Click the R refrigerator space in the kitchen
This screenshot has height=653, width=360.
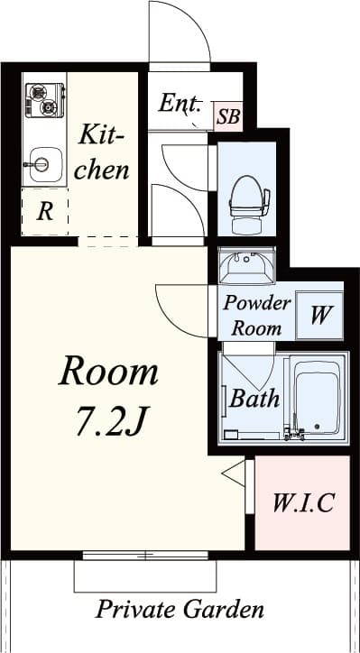tap(44, 213)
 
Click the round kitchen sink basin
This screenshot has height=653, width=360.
tap(40, 164)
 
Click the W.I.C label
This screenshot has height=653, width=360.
tap(303, 502)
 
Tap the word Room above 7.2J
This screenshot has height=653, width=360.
tap(108, 371)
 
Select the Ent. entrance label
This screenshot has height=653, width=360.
tap(180, 103)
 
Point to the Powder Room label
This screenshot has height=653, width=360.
tap(257, 315)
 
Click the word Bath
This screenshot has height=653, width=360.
tap(254, 398)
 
